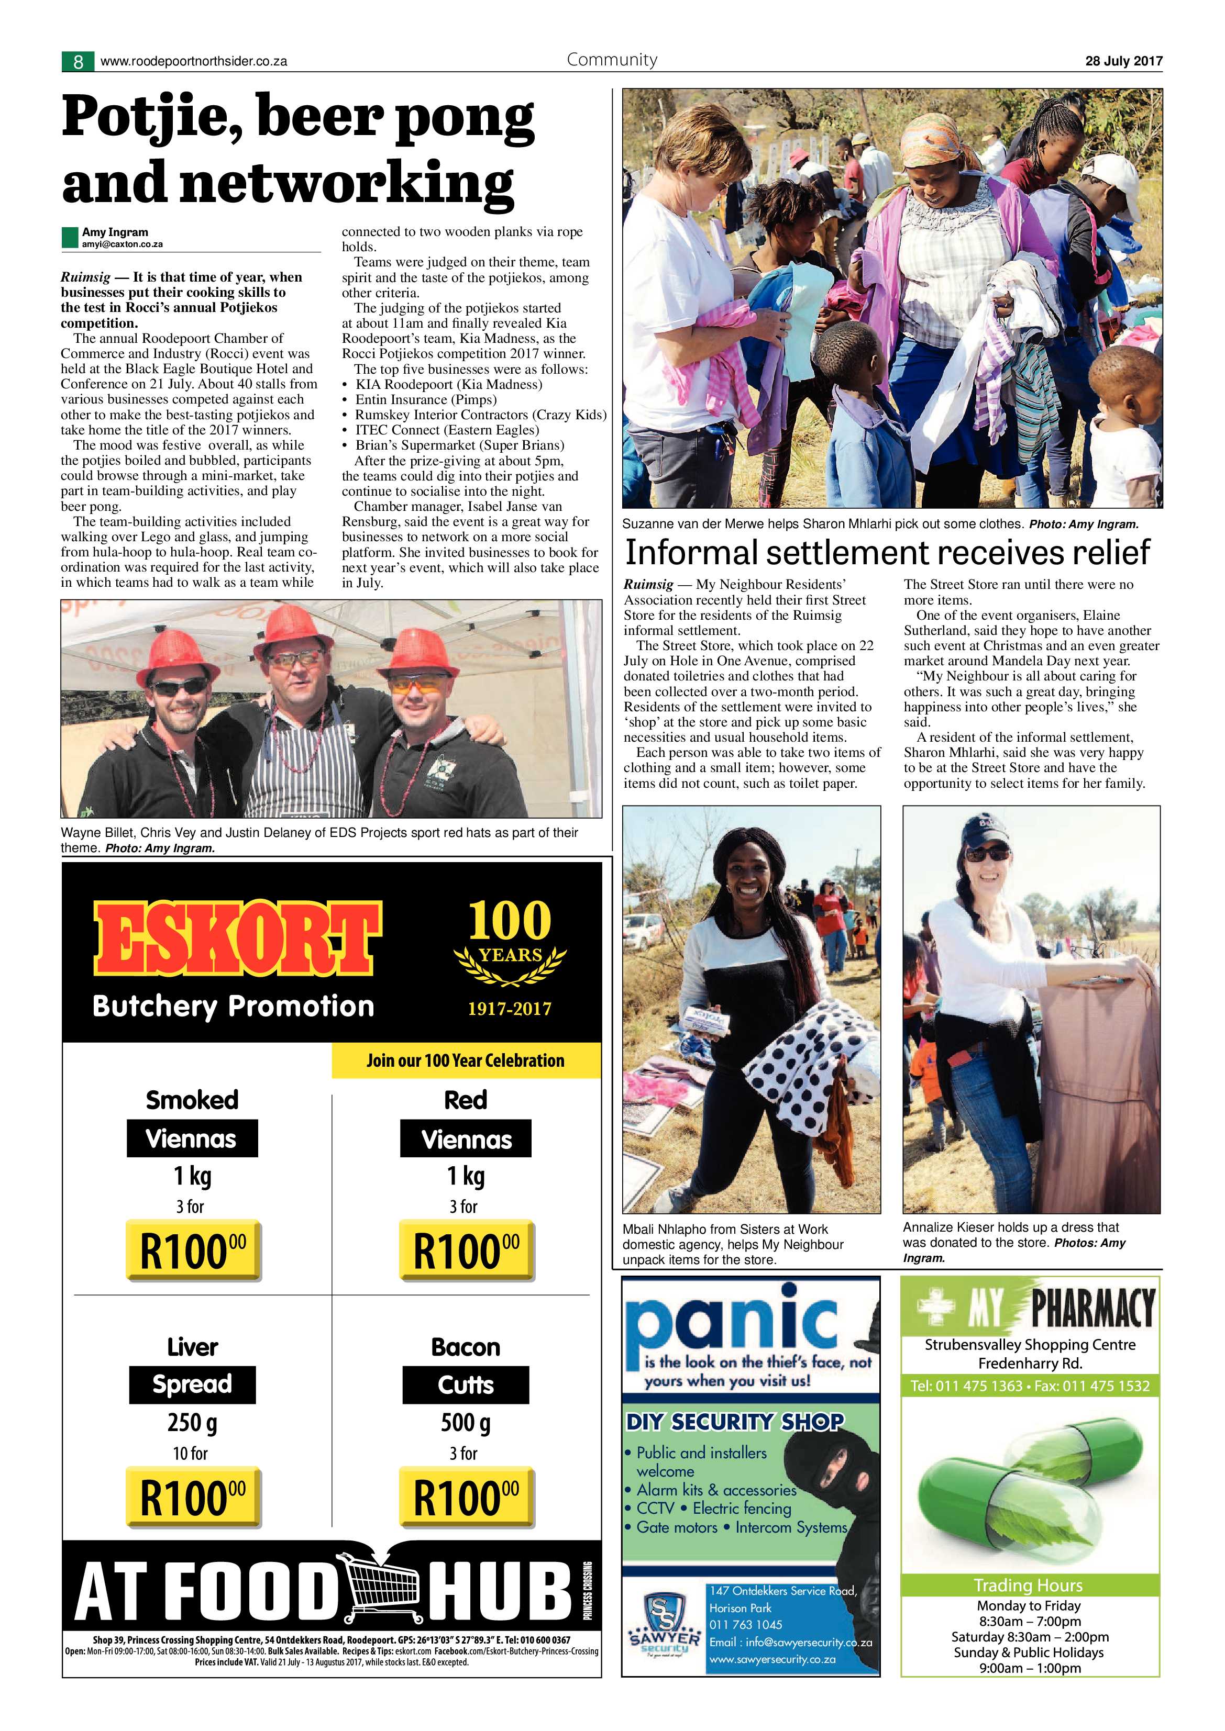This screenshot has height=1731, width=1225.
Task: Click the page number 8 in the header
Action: (78, 61)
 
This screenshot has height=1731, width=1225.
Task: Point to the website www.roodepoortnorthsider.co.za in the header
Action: (193, 62)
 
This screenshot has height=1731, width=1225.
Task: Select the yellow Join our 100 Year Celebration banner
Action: (466, 1060)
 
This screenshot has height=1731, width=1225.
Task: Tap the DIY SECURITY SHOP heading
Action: (734, 1422)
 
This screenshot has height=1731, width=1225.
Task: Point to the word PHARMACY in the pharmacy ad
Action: (1092, 1308)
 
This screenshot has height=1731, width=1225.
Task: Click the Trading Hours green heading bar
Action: (1029, 1585)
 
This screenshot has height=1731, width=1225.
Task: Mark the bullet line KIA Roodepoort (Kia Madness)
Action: (448, 385)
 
